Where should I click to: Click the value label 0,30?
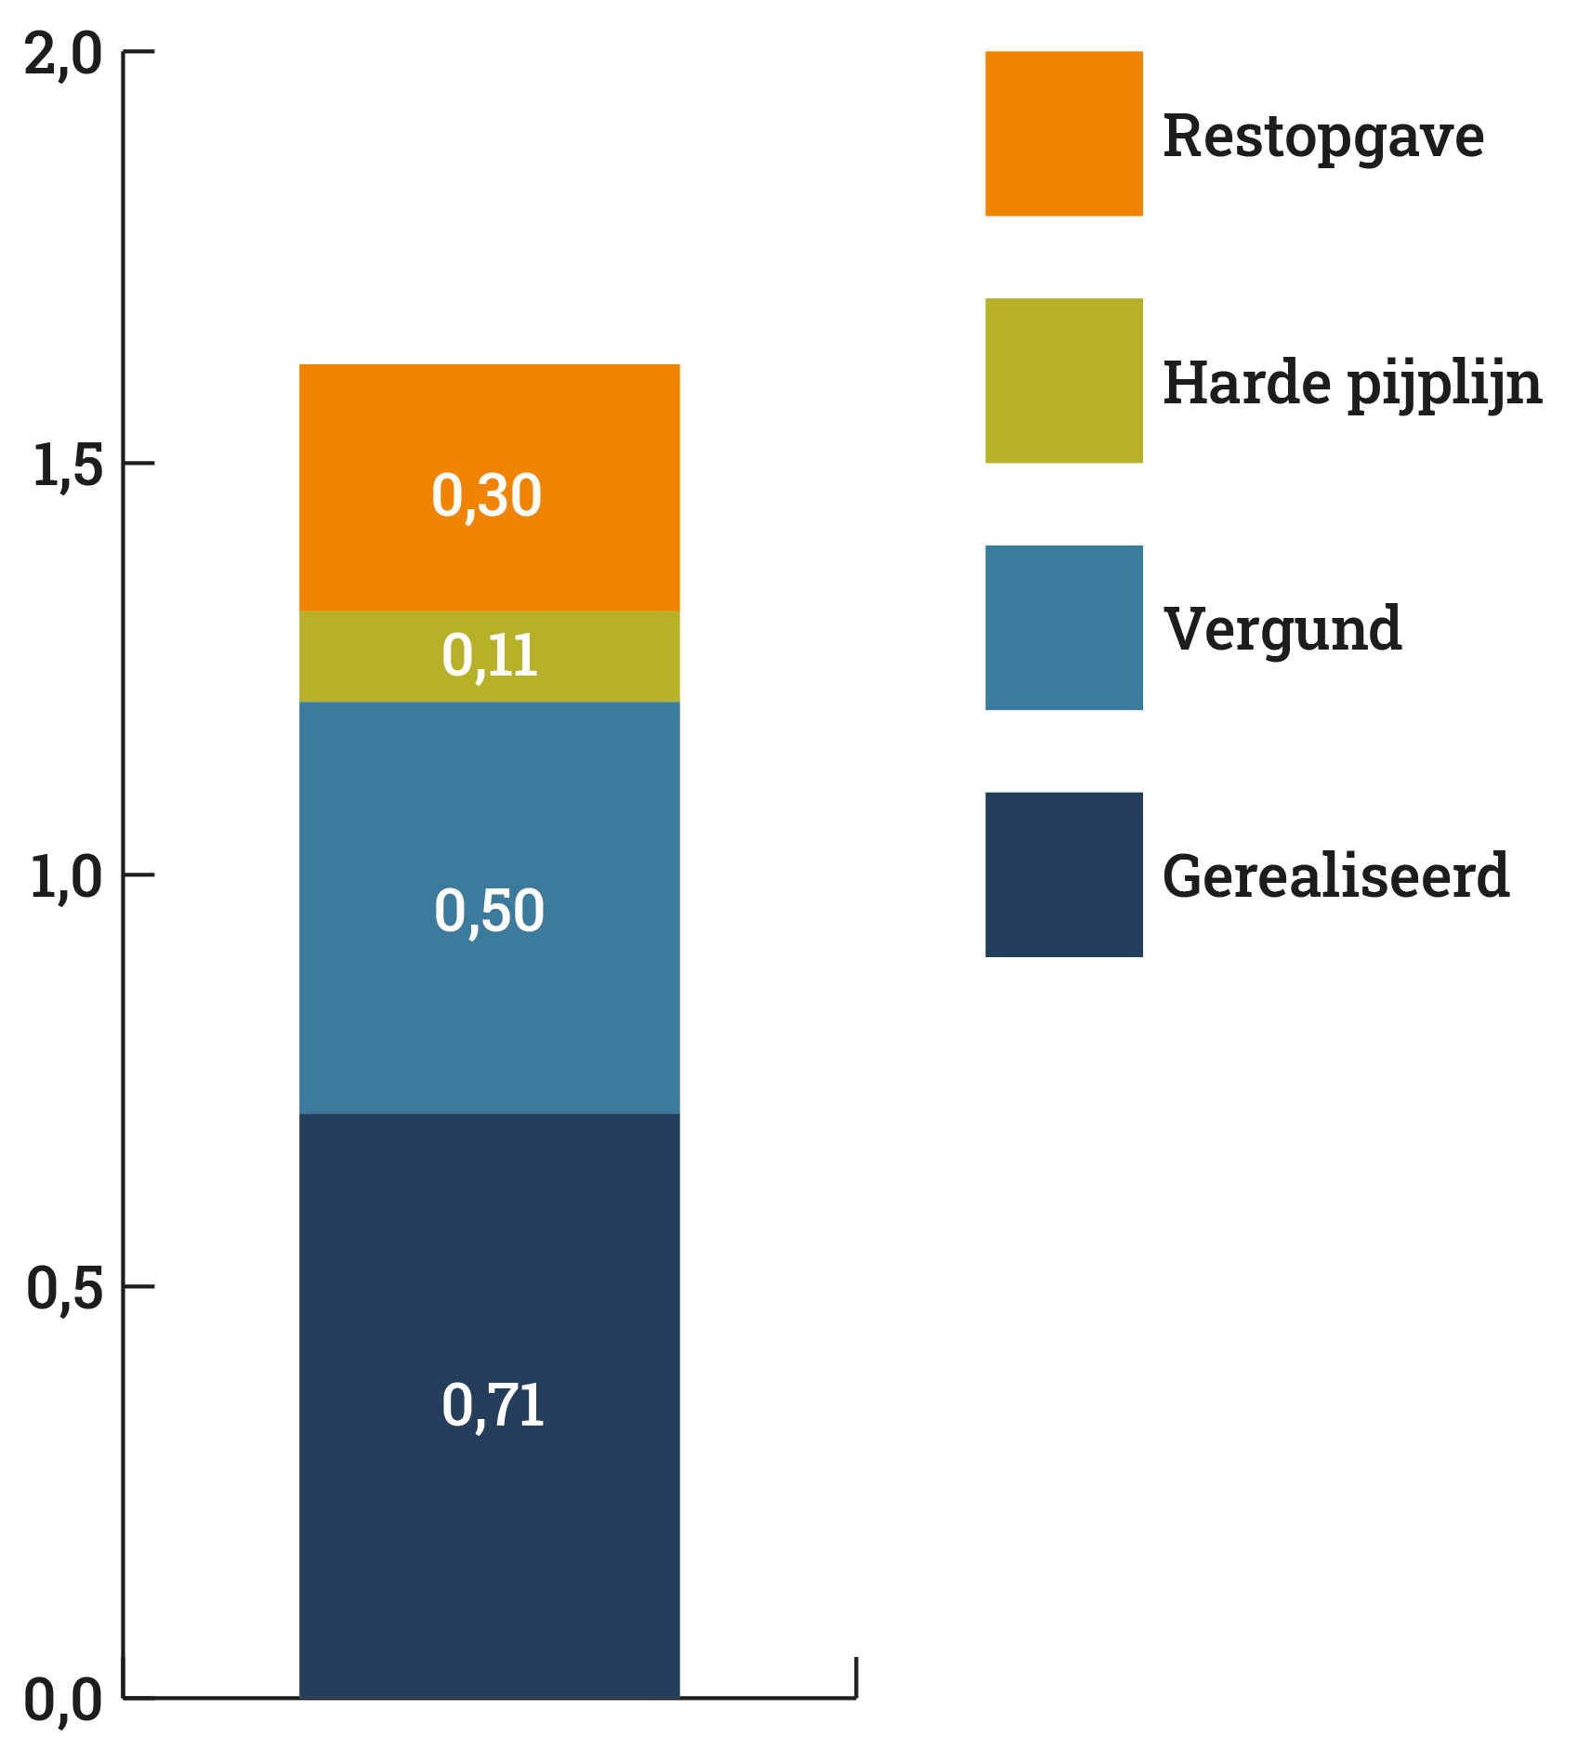tap(486, 495)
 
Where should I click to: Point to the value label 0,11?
tap(489, 656)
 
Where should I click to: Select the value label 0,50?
tap(489, 911)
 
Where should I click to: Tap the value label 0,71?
tap(492, 1405)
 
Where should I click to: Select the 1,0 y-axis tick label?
tap(65, 877)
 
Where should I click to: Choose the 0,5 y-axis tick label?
tap(64, 1290)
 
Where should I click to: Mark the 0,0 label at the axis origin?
tap(63, 1702)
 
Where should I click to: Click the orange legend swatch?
tap(1063, 134)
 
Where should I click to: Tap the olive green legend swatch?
tap(1063, 381)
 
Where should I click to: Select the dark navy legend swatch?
tap(1063, 874)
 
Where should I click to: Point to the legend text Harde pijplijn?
tap(1351, 384)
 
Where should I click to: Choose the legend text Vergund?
tap(1282, 629)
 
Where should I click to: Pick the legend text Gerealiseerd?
tap(1335, 876)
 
